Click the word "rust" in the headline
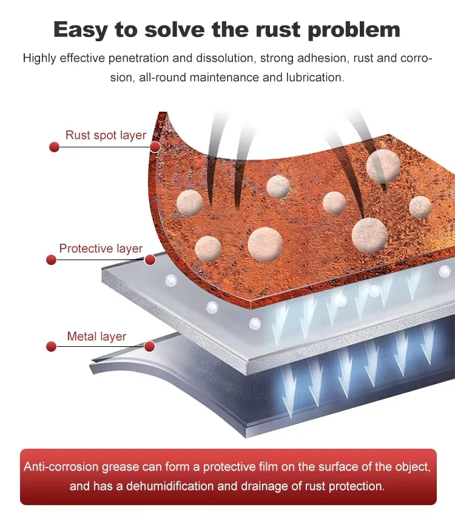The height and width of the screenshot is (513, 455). coord(278,30)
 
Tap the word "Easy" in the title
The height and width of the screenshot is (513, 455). coord(80,30)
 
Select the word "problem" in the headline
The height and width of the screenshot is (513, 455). coord(354,30)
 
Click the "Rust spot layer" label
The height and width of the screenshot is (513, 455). coord(106,135)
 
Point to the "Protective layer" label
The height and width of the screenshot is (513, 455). coord(101,249)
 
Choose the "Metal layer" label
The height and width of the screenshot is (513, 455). coord(96,337)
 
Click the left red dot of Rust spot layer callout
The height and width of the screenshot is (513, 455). coord(55,147)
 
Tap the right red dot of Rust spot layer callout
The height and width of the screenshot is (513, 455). coord(155,147)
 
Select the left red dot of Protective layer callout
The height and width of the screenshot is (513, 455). coord(52,260)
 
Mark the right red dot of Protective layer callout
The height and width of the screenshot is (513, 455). coord(150,260)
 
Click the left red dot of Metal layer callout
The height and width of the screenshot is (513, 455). coord(52,346)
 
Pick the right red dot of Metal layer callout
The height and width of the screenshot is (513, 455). coord(150,346)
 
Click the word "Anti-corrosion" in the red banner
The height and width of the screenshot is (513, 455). coord(61,466)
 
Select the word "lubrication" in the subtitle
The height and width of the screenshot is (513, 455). coord(315,78)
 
